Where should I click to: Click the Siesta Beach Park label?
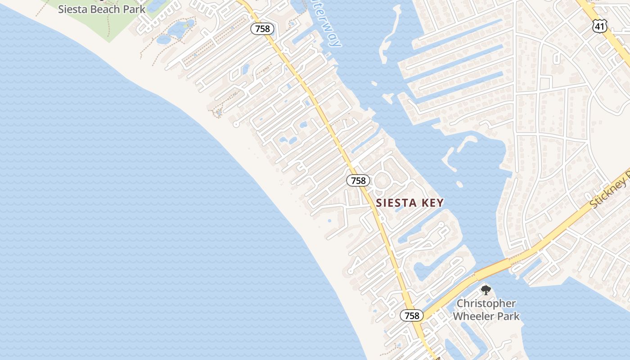(x=102, y=9)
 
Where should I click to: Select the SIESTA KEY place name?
(x=410, y=203)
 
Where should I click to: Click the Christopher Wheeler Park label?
(x=486, y=310)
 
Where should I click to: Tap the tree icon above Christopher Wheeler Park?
(x=485, y=290)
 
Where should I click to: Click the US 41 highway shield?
(x=600, y=27)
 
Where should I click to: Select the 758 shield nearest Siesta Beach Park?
(x=262, y=29)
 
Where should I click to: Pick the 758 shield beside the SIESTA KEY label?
(x=358, y=180)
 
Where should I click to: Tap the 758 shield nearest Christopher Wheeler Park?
(x=412, y=315)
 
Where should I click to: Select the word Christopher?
(x=486, y=303)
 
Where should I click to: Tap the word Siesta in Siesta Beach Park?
(x=74, y=9)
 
